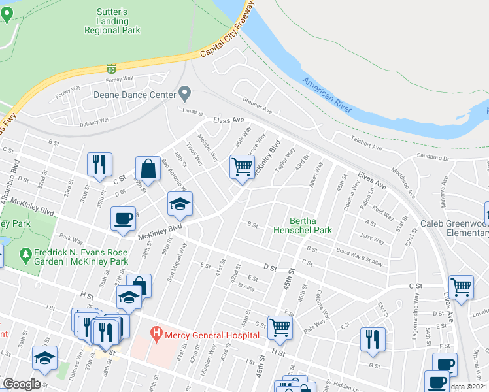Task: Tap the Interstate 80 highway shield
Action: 112,69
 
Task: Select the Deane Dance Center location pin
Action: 185,95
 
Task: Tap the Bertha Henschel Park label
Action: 312,225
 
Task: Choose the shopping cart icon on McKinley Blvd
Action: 242,167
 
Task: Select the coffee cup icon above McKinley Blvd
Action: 123,219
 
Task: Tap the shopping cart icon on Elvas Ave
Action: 462,287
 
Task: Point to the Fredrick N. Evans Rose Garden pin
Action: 26,253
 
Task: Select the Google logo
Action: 22,384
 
